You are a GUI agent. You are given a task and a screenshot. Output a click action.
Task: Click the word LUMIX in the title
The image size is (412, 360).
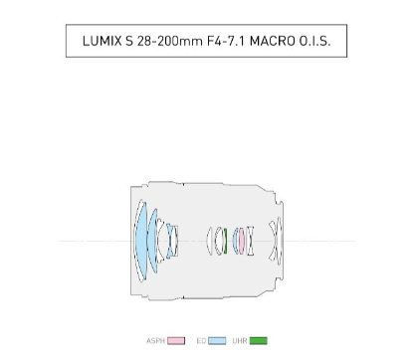[x=102, y=41]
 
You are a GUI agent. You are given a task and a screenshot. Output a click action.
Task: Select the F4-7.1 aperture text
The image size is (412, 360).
[x=226, y=41]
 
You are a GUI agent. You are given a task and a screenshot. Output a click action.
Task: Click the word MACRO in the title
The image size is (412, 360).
[x=273, y=41]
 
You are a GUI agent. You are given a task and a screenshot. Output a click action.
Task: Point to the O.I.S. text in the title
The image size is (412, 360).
[x=314, y=41]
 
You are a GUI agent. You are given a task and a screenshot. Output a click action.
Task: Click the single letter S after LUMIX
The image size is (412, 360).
[x=129, y=41]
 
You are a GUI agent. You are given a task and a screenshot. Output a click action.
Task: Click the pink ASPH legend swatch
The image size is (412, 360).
[x=176, y=341]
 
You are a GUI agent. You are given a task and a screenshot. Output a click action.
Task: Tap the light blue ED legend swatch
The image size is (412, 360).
[x=217, y=341]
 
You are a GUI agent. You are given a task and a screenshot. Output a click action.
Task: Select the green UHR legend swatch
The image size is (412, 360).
[x=259, y=341]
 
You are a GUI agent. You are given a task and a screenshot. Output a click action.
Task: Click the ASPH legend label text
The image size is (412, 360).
[x=155, y=341]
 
